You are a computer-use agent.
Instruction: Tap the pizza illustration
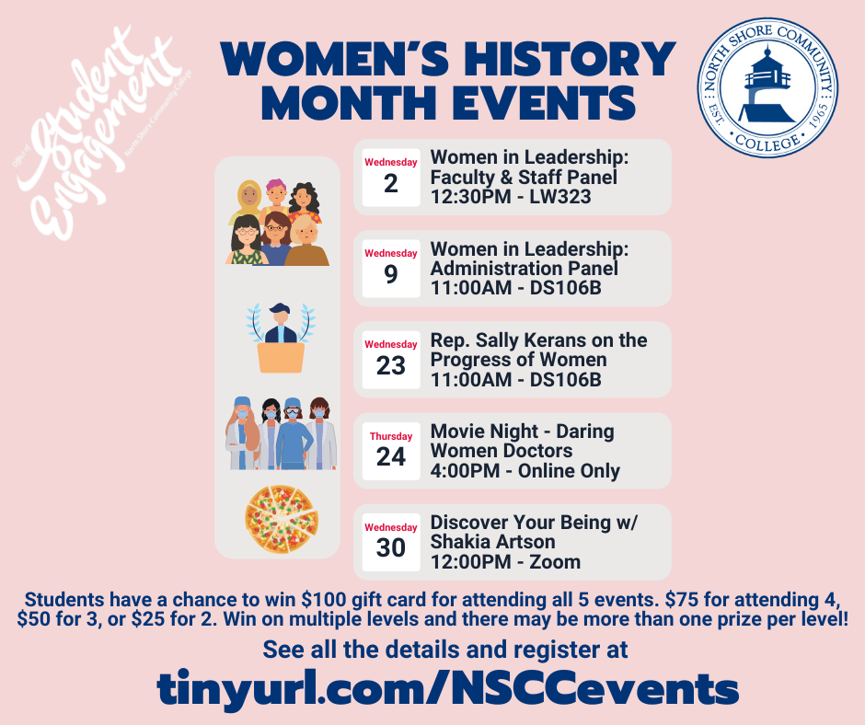282,519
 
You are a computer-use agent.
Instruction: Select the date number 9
390,274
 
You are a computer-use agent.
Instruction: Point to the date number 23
390,365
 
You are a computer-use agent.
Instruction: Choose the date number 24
390,457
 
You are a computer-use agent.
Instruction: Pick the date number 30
390,547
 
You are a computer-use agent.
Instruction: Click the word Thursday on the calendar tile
391,436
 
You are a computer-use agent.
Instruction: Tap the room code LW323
559,197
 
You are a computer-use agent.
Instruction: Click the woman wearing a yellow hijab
248,201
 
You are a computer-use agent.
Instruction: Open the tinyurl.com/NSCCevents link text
447,688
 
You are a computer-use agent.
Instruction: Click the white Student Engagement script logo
99,132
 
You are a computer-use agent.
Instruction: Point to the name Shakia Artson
492,542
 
